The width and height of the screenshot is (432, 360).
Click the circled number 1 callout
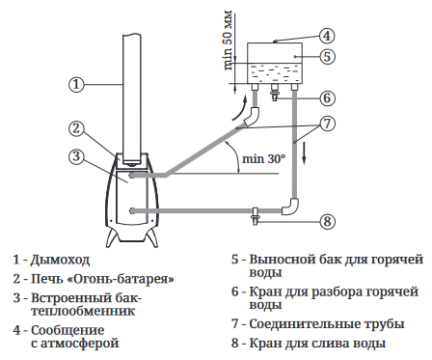coord(76,84)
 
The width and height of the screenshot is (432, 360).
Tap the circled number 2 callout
coord(76,128)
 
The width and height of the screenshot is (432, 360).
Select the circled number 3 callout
coord(76,156)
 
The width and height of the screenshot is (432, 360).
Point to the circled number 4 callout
coord(327,36)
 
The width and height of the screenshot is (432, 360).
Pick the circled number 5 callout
coord(327,57)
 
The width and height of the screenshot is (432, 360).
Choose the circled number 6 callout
coord(327,97)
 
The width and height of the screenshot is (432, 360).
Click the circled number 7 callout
coord(327,124)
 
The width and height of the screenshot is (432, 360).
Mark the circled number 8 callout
coord(327,221)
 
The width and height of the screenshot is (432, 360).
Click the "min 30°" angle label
coord(263,158)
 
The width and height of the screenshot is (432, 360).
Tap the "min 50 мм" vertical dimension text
coord(228,41)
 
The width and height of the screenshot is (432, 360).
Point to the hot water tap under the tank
coord(275,93)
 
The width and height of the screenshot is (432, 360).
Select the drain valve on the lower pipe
coord(256,216)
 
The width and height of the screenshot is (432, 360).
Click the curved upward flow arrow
coord(240,109)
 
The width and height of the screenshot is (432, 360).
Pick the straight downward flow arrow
coord(305,154)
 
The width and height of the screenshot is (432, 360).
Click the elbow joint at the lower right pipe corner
coord(290,207)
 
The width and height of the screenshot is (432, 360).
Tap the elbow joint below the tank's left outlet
coord(253,116)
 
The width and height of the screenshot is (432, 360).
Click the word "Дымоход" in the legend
coord(60,260)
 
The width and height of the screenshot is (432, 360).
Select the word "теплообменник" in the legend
coord(83,311)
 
